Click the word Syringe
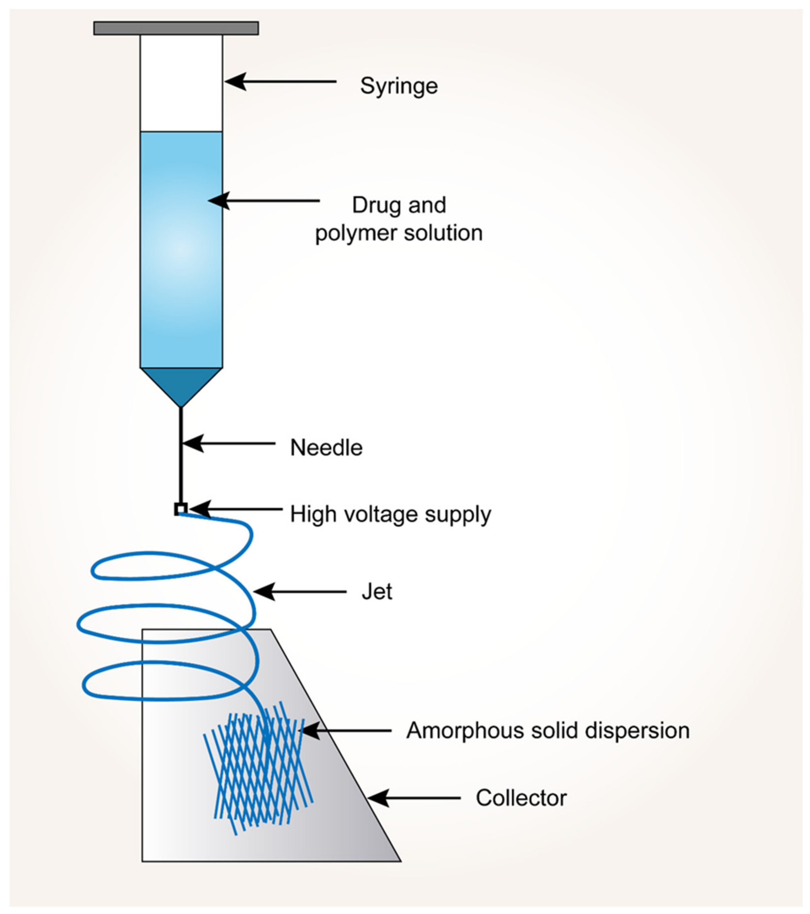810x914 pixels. (398, 86)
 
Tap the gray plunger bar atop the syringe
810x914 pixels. (176, 28)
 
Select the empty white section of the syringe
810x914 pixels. (181, 83)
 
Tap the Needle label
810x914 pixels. (326, 448)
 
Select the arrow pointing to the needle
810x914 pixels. (228, 443)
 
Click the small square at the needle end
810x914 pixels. (180, 509)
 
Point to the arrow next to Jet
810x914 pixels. (300, 592)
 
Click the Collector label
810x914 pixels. (521, 798)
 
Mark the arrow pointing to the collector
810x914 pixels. (414, 798)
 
